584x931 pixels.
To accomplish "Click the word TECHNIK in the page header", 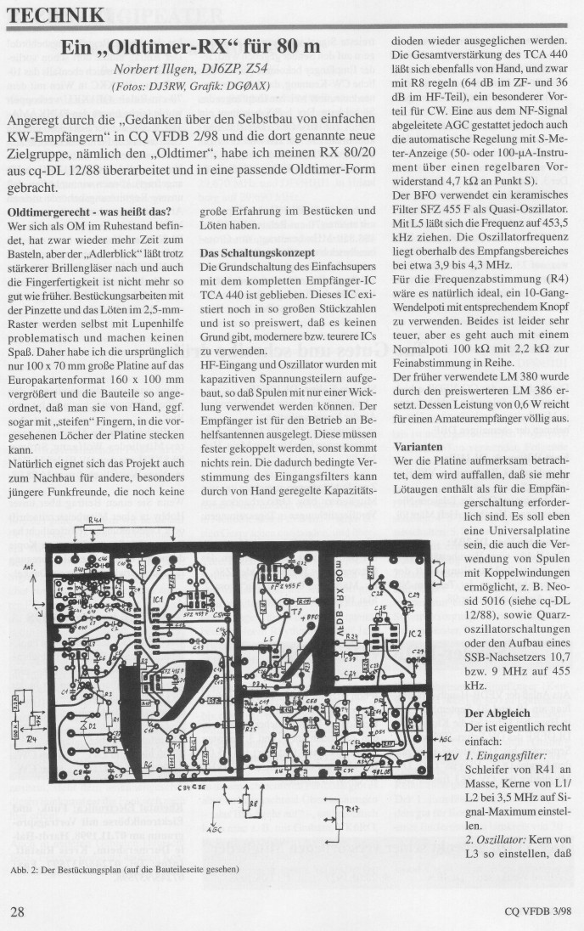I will tap(57, 14).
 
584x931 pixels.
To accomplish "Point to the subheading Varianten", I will tap(421, 446).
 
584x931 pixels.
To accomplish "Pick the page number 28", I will tap(19, 911).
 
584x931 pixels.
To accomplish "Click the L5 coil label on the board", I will tap(268, 635).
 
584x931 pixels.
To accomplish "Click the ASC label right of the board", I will tap(445, 738).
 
